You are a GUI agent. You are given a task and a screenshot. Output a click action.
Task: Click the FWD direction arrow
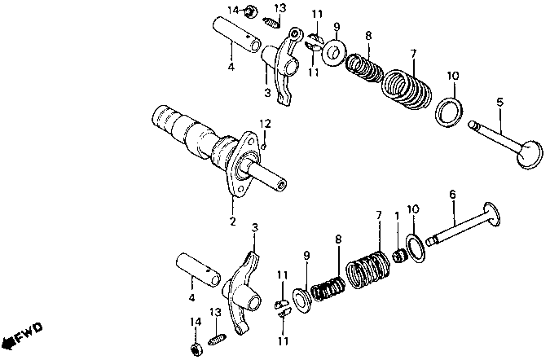22,335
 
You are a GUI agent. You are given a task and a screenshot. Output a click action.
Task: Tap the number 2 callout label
232,221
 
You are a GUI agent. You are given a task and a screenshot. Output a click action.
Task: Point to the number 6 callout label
452,195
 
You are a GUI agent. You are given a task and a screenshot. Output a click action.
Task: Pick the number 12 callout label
264,123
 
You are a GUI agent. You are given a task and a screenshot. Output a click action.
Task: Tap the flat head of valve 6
491,219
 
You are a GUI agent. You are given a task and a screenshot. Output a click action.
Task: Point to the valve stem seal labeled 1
398,257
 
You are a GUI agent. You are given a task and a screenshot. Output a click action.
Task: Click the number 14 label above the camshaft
233,10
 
